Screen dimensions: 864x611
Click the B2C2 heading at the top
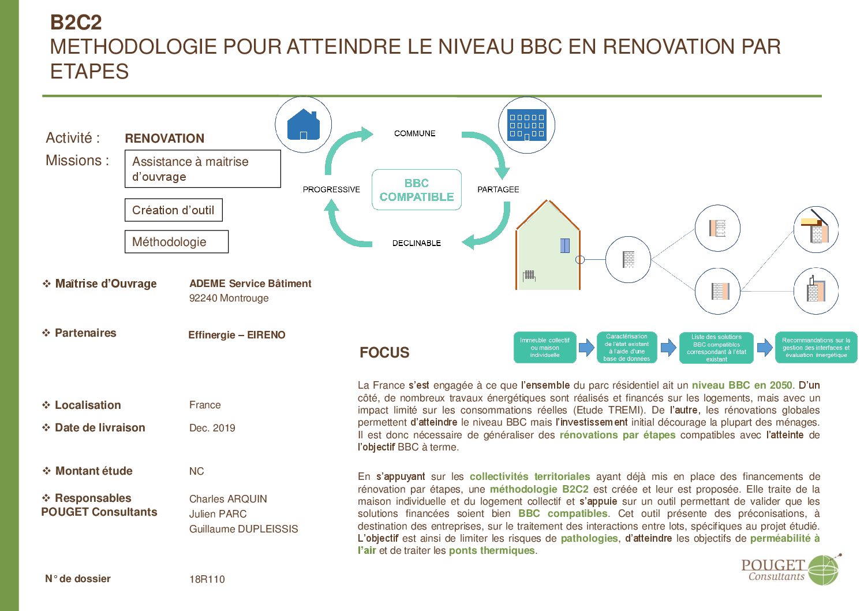coord(76,23)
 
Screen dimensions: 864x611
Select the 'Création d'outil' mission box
coord(174,210)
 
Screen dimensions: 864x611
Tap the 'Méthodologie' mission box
coord(177,241)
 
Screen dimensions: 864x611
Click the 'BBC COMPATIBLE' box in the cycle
coord(417,190)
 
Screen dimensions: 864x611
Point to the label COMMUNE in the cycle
coord(414,133)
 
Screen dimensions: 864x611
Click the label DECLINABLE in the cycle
coord(417,243)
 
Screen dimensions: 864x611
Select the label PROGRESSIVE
coord(331,189)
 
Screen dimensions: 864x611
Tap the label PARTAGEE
coord(498,189)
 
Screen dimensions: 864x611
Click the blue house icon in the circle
coord(304,124)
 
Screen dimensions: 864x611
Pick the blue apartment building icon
coord(527,125)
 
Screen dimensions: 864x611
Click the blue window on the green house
coord(565,245)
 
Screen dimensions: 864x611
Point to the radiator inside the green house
coord(529,275)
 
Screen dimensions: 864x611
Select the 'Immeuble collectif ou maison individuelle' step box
coord(545,348)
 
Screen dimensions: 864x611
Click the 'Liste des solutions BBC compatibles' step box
coord(716,348)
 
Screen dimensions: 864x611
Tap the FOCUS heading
coord(384,352)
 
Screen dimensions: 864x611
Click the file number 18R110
coord(207,579)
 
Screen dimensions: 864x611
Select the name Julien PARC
coord(218,514)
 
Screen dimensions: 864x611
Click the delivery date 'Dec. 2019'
coord(212,428)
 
